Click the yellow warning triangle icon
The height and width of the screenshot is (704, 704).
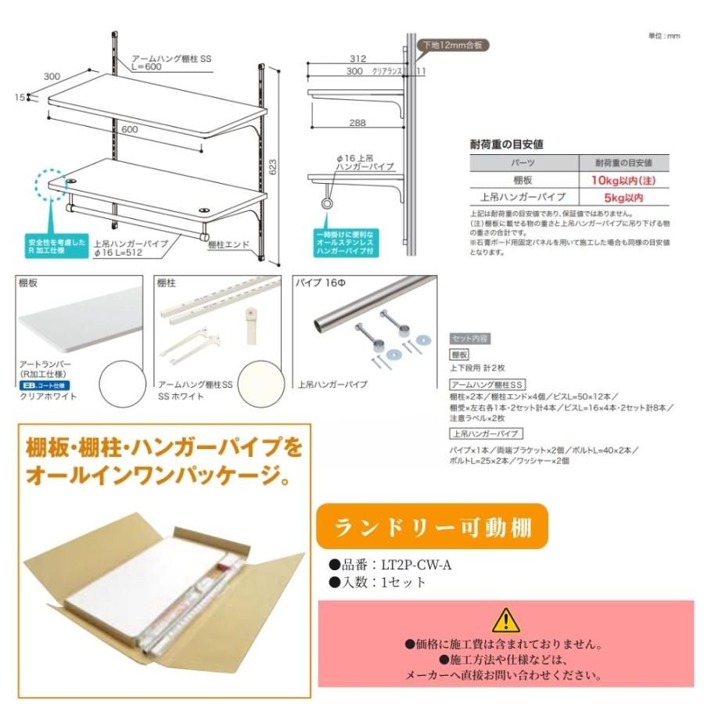pos(506,619)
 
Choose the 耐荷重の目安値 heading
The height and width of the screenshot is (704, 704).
pos(507,144)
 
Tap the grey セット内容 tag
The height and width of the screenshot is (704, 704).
pos(470,338)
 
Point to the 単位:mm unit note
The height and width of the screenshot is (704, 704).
pos(665,36)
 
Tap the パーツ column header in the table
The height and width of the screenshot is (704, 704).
pos(522,163)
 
